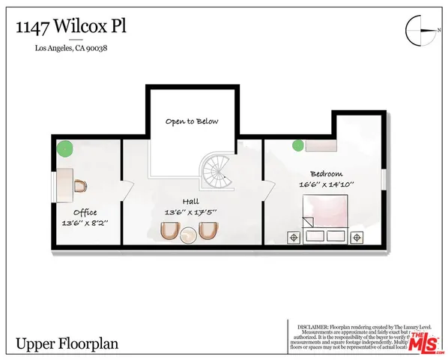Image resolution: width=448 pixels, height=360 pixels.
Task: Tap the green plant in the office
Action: [x=67, y=148]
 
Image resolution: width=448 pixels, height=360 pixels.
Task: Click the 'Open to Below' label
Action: [x=191, y=121]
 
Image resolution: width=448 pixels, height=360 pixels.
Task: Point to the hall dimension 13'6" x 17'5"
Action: [x=192, y=213]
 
